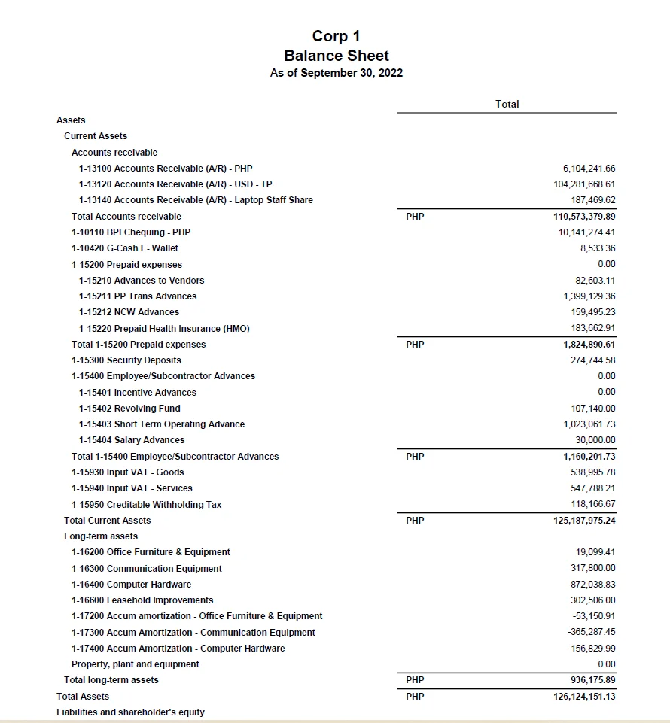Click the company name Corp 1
(337, 36)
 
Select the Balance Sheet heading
(337, 56)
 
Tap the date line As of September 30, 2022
(337, 73)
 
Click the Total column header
(507, 104)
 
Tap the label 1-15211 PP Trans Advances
(138, 296)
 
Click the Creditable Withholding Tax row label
(147, 505)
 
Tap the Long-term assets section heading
(101, 536)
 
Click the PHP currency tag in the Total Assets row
(415, 697)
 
